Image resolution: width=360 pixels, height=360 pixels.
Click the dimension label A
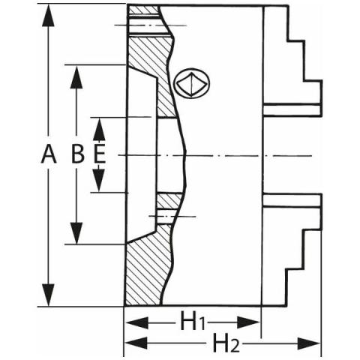(x=49, y=154)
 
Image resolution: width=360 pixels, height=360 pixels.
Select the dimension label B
(x=78, y=154)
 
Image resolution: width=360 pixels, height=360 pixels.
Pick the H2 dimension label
(x=225, y=343)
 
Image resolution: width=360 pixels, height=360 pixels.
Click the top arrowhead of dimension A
(x=48, y=15)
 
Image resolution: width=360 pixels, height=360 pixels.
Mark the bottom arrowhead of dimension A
(x=48, y=295)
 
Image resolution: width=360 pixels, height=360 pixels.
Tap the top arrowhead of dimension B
(x=76, y=77)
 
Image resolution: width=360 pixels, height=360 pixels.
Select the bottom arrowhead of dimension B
(x=76, y=233)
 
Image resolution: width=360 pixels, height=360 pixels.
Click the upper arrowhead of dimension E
(x=100, y=129)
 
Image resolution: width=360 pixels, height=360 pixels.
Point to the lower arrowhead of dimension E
(x=100, y=180)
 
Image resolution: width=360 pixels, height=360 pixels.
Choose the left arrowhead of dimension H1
(x=136, y=322)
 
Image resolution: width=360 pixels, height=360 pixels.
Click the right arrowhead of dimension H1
(x=248, y=322)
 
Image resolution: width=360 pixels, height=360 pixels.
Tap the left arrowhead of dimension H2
(x=136, y=343)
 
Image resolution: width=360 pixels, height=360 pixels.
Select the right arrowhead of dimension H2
(x=309, y=343)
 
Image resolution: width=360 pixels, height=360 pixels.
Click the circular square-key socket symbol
(x=192, y=83)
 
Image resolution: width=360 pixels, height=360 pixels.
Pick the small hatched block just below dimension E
(x=168, y=201)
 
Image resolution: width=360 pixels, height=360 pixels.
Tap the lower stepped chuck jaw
(x=292, y=250)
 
